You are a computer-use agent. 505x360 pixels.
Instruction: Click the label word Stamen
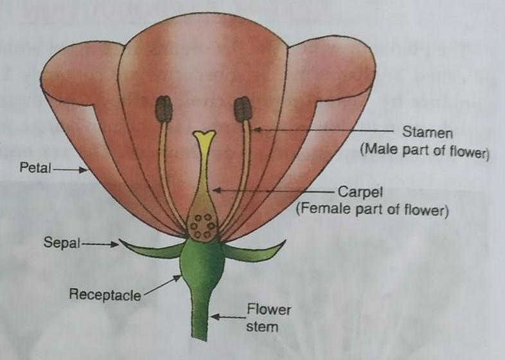coord(428,134)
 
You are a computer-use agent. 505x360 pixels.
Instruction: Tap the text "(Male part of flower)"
coord(424,153)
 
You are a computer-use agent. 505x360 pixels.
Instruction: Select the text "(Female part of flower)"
coord(371,210)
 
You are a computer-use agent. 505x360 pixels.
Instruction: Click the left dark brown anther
coord(164,109)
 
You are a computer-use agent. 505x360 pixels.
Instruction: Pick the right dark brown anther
coord(242,109)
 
